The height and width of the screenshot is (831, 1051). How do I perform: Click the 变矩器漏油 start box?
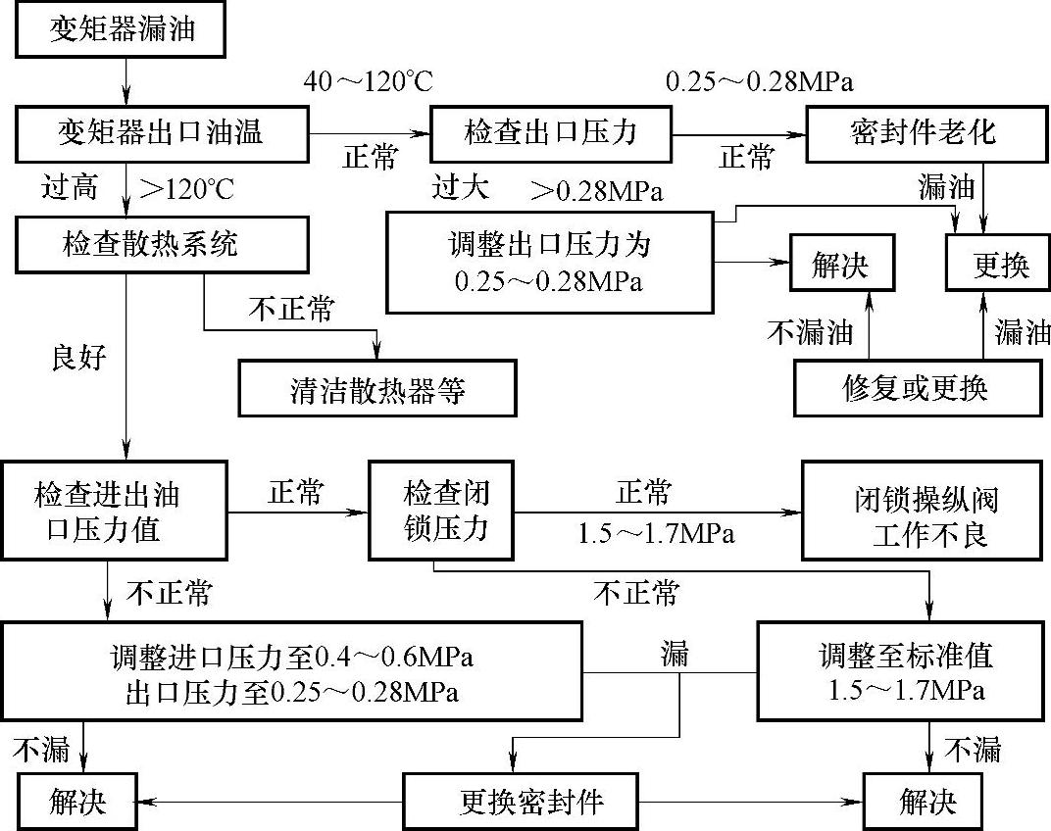click(123, 29)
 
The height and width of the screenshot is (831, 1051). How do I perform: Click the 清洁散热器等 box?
click(377, 389)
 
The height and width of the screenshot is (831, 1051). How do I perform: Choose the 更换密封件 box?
click(531, 804)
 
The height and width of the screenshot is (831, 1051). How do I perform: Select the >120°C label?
click(187, 188)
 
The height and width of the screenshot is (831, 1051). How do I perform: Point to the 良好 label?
click(78, 359)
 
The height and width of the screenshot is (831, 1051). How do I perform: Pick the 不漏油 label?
click(810, 333)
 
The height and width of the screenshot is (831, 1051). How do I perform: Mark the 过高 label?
click(70, 187)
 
